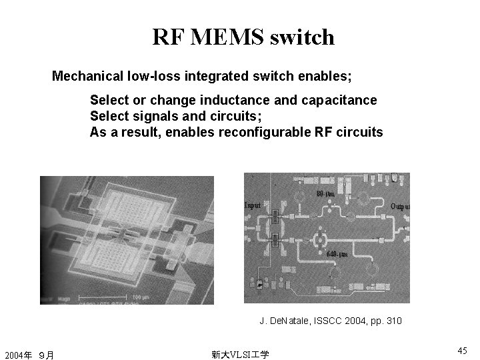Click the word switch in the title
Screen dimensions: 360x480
303,37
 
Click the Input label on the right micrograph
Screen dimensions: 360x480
253,205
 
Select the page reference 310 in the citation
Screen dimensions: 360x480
394,321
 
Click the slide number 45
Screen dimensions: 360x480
462,350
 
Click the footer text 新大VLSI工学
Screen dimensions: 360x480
240,354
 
